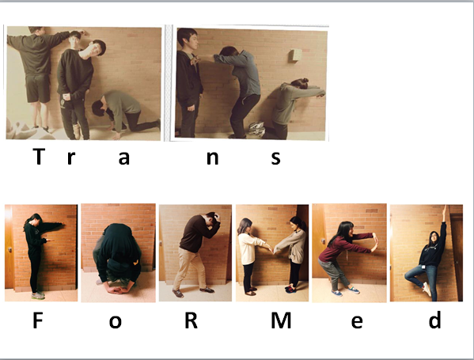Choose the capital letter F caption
pos(37,323)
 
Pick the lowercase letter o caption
pos(116,324)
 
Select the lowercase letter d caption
pos(434,323)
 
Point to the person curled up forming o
pos(117,253)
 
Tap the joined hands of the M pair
pos(272,248)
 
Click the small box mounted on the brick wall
pos(295,55)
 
